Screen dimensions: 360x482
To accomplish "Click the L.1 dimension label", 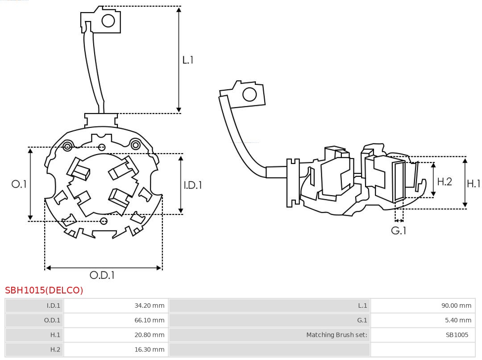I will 187,60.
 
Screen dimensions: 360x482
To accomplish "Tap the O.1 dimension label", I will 19,184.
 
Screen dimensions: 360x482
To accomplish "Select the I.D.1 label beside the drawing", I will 193,185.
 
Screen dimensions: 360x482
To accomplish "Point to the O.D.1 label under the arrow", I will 102,275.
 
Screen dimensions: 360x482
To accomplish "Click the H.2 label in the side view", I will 444,181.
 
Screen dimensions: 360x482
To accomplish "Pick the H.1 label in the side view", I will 473,183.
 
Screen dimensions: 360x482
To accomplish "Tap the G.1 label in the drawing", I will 399,231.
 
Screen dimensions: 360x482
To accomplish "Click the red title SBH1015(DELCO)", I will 44,290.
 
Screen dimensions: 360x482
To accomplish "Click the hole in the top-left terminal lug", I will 108,21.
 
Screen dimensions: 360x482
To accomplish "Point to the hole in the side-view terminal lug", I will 249,95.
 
